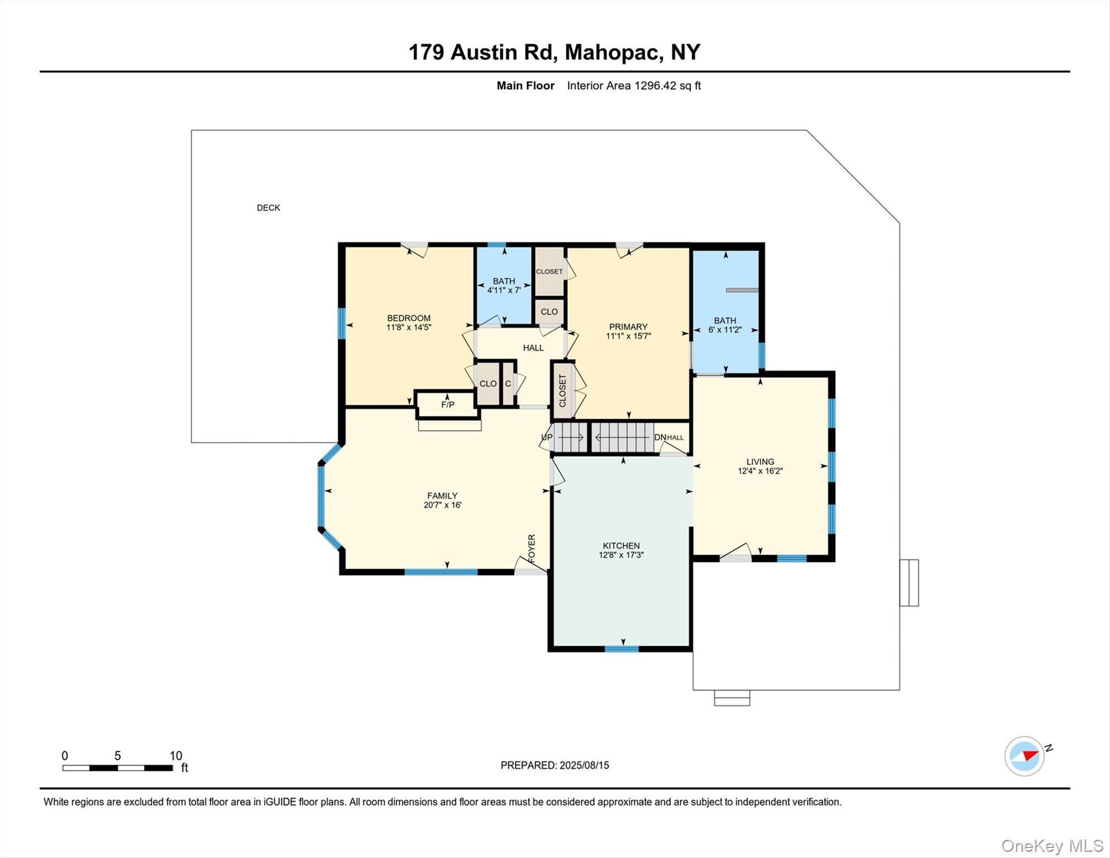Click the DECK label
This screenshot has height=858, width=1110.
coord(268,208)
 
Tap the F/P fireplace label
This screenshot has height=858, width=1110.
coord(447,404)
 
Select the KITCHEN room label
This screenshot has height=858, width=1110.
coord(621,546)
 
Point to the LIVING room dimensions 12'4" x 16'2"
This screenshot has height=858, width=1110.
coord(760,471)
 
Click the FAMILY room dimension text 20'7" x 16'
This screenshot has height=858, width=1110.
coord(442,505)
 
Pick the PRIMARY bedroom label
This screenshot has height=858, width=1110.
coord(628,327)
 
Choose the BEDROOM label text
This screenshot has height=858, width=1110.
coord(409,318)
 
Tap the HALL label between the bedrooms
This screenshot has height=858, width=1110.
coord(533,348)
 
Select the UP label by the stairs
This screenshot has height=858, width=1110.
coord(547,437)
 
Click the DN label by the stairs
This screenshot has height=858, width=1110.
coord(660,437)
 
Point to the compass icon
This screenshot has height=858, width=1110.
coord(1025,756)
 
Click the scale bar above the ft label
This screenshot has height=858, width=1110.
coord(117,768)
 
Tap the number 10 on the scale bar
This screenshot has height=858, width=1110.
coord(176,756)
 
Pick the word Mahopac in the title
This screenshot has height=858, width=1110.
coord(613,52)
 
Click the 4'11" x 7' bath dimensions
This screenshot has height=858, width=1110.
coord(504,290)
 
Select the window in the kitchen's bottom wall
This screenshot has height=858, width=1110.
coord(621,649)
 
